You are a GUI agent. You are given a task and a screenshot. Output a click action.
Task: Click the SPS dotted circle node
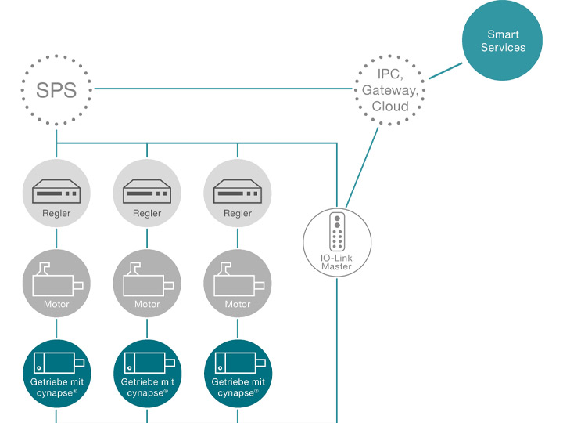point(56,90)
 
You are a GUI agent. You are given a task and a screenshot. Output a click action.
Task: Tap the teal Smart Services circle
point(502,40)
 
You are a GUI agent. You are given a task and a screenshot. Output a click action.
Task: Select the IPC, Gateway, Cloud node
point(390,90)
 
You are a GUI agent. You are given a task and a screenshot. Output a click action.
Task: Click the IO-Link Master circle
point(337,242)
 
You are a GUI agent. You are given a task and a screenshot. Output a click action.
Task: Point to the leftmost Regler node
point(56,193)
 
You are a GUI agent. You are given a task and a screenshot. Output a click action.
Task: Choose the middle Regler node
point(147,193)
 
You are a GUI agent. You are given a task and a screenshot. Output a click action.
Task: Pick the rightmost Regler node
point(238,193)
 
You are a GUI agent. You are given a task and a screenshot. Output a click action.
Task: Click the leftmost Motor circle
point(56,284)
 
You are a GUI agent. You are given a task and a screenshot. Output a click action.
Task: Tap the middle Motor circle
point(147,284)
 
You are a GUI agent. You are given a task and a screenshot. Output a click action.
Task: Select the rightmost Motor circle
point(238,284)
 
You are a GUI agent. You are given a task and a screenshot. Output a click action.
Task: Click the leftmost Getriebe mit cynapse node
point(57,374)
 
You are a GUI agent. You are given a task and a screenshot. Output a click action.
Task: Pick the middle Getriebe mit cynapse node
point(147,374)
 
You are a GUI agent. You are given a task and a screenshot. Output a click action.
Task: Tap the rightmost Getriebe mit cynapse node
point(238,374)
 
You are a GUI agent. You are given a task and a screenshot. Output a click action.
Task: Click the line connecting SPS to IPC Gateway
point(223,89)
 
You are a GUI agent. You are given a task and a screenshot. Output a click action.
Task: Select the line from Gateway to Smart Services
point(446,70)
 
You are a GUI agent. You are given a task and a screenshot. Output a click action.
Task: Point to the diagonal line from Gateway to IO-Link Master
point(362,168)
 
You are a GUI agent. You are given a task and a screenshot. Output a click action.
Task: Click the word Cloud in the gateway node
point(390,106)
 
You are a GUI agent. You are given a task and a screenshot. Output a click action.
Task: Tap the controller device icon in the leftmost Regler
point(56,191)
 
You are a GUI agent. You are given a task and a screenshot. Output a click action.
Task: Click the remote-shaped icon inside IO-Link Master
point(337,232)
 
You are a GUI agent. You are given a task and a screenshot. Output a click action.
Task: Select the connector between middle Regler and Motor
point(147,238)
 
